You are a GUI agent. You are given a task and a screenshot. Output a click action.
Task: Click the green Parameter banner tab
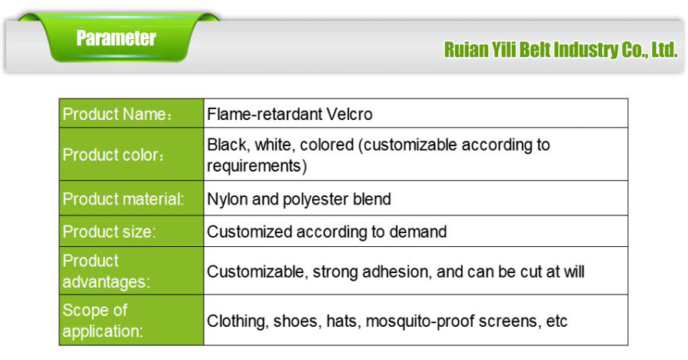[x=116, y=38]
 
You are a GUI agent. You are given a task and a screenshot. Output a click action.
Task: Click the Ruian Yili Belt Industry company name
[x=560, y=50]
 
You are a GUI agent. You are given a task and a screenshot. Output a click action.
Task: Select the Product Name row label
[x=116, y=115]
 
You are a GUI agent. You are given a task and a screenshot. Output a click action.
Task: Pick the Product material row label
[x=123, y=199]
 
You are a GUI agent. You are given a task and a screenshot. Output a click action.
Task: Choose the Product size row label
[x=109, y=232]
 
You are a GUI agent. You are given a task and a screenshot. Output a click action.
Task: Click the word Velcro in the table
[x=349, y=115]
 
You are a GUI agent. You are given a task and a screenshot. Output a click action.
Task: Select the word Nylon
[x=227, y=199]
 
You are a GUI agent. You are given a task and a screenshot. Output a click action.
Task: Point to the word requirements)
[x=257, y=165]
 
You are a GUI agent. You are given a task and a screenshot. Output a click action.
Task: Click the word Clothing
[x=238, y=321]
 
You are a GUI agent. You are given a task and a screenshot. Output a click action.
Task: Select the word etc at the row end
[x=556, y=321]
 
